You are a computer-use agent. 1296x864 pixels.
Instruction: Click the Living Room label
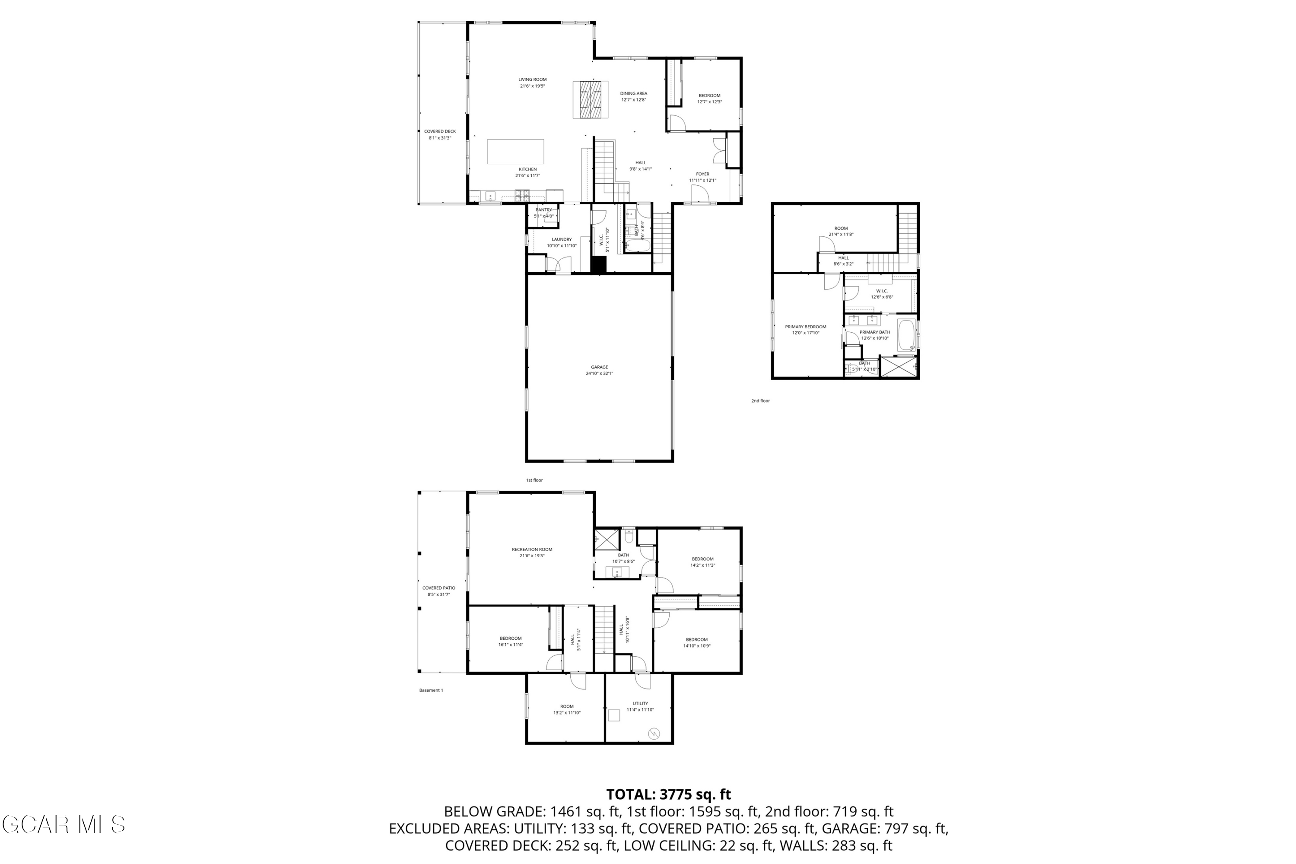click(x=532, y=79)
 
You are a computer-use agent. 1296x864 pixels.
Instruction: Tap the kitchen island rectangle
click(x=515, y=152)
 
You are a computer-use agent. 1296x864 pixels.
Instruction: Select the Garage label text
click(x=600, y=367)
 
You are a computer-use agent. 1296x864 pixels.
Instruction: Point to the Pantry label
click(x=543, y=210)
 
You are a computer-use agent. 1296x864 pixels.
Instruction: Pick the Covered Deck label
click(x=440, y=132)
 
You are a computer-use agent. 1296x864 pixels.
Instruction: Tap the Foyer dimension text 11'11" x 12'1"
click(x=702, y=180)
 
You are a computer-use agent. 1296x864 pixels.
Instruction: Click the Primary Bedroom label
click(x=806, y=327)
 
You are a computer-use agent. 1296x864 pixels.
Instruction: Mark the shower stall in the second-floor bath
click(x=899, y=367)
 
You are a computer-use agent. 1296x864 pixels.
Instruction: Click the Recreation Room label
click(x=532, y=550)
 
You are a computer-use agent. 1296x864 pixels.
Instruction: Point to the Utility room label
click(x=640, y=704)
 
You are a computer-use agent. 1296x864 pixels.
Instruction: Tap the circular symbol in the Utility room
click(x=654, y=734)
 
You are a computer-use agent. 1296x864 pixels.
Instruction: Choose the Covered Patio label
click(x=438, y=588)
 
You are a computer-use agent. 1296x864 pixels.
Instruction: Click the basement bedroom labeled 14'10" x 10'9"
click(x=696, y=640)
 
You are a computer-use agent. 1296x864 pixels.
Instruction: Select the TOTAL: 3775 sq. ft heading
click(x=668, y=794)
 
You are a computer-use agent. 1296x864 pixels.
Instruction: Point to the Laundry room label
click(x=562, y=240)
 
